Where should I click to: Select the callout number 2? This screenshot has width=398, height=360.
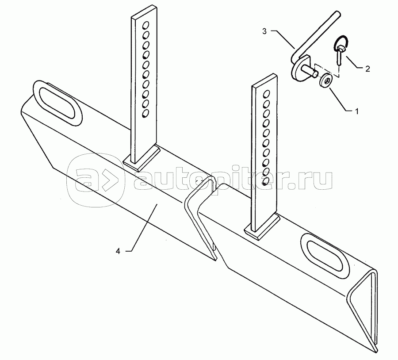pos(367,69)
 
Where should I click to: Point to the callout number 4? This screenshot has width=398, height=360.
pos(118,251)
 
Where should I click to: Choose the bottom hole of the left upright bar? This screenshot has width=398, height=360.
pos(145,114)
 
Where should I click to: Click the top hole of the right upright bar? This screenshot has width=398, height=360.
pos(267,94)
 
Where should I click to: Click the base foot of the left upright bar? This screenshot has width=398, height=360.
pos(142,158)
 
